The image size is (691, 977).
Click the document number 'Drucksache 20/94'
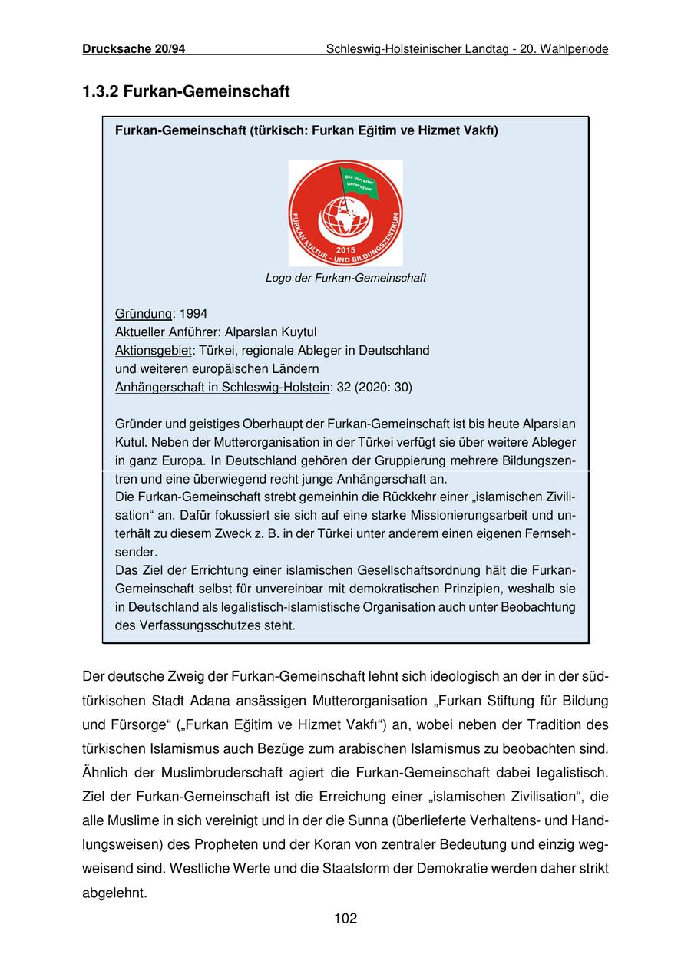pyautogui.click(x=134, y=49)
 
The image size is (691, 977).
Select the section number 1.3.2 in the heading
pyautogui.click(x=99, y=92)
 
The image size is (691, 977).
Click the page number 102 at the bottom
pyautogui.click(x=345, y=918)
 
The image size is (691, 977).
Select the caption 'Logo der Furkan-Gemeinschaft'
pyautogui.click(x=345, y=278)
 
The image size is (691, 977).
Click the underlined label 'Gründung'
pyautogui.click(x=144, y=314)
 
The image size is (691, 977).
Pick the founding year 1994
pyautogui.click(x=193, y=314)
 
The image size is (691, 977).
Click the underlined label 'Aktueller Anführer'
pyautogui.click(x=167, y=332)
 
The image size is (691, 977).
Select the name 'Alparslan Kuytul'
pyautogui.click(x=270, y=332)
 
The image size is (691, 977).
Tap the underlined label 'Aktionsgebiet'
pyautogui.click(x=154, y=351)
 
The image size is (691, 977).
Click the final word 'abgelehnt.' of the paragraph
pyautogui.click(x=114, y=893)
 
